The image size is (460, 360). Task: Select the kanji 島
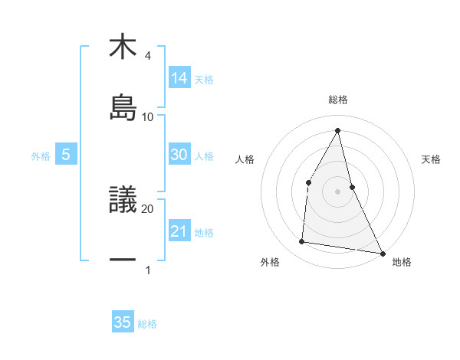click(x=123, y=108)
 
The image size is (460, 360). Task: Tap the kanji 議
click(x=123, y=201)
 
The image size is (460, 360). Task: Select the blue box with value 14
click(x=179, y=77)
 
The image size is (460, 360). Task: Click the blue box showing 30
click(x=179, y=155)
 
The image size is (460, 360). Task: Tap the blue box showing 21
click(x=179, y=231)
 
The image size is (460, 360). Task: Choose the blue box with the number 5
click(x=66, y=155)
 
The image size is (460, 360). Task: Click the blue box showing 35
click(x=123, y=322)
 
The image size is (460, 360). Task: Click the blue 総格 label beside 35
click(x=147, y=324)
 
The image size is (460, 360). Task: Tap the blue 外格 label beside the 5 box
click(x=41, y=156)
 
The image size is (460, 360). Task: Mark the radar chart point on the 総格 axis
click(x=338, y=130)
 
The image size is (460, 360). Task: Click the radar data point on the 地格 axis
click(x=382, y=253)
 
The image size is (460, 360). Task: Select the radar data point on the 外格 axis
click(x=302, y=242)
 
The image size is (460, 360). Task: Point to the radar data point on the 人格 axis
click(x=309, y=182)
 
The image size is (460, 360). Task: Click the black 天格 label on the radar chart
click(x=432, y=159)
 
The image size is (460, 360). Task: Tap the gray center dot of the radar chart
click(x=338, y=191)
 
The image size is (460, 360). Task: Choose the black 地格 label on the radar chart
click(x=402, y=263)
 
